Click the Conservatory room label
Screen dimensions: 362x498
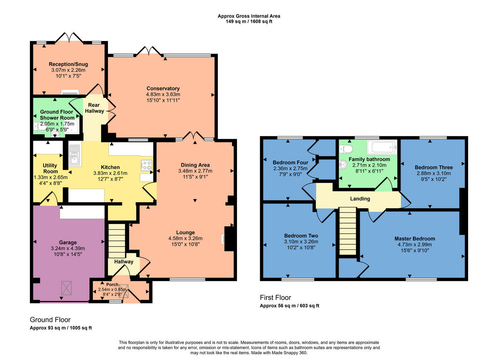coord(163,88)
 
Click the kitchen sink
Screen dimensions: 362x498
coord(75,155)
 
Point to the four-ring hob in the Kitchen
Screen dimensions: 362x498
coord(146,165)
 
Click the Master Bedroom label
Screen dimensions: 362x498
coord(415,238)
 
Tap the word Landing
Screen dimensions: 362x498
coord(360,199)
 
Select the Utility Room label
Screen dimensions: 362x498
coord(50,168)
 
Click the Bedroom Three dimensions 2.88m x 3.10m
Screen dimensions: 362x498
coord(434,174)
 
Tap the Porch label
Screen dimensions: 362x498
coord(112,285)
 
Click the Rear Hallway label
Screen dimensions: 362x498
coord(95,108)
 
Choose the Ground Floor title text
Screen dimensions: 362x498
coord(50,320)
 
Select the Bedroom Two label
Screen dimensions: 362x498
coord(301,235)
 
